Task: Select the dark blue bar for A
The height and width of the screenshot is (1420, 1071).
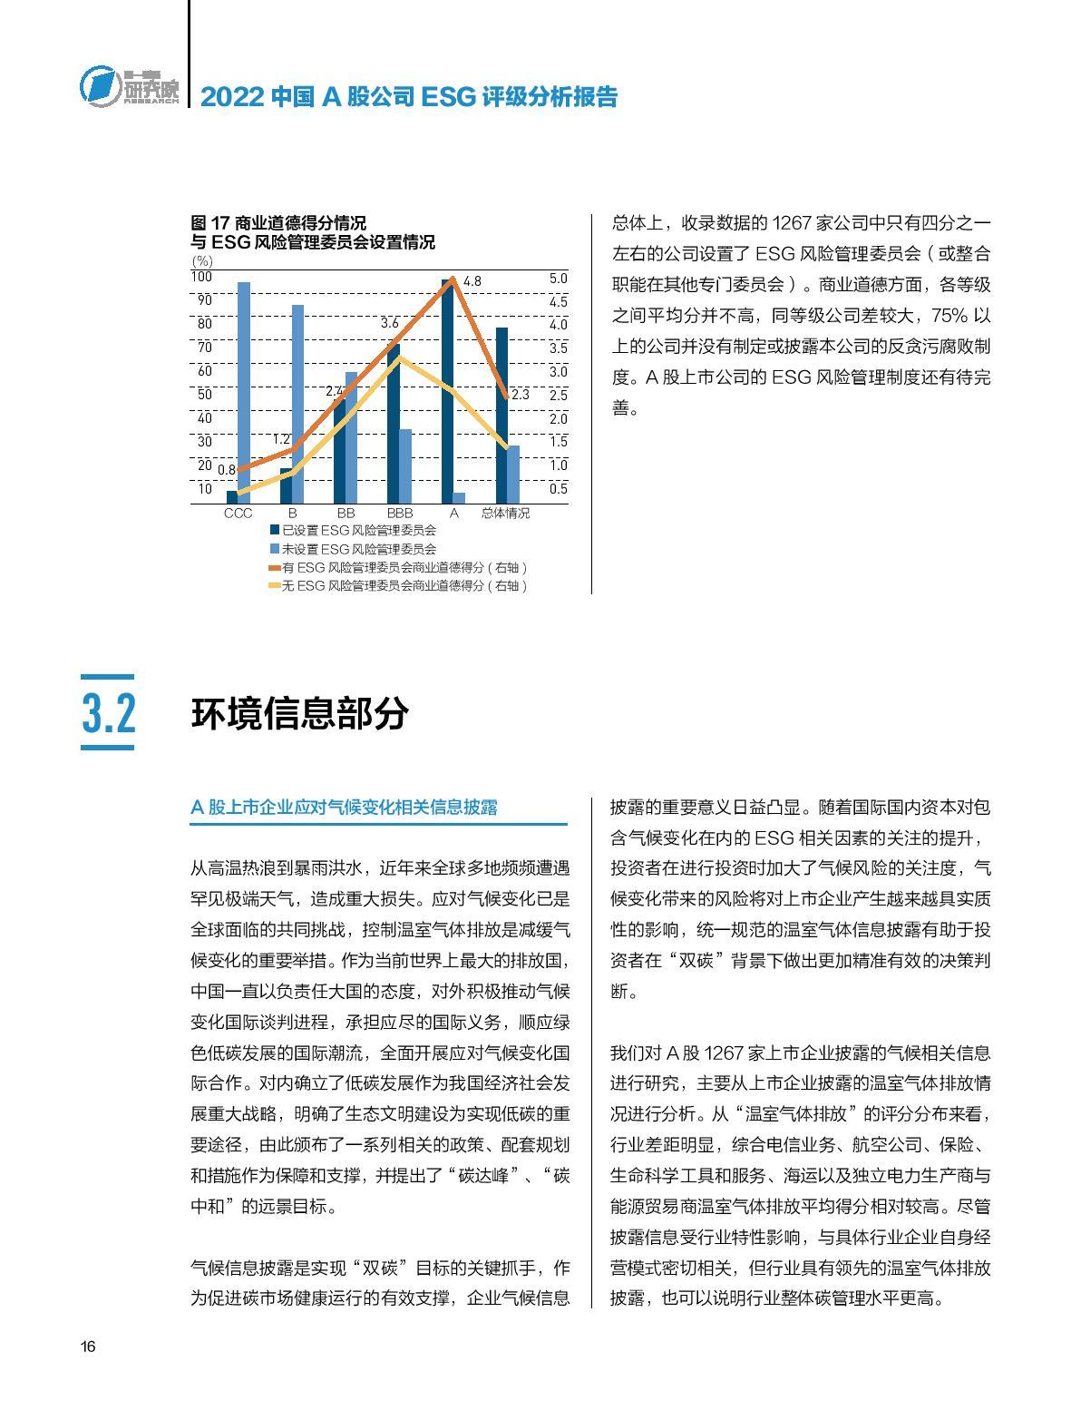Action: pyautogui.click(x=447, y=390)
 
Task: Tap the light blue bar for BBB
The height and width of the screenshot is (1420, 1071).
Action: pyautogui.click(x=405, y=465)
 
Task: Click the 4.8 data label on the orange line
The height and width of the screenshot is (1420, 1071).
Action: pyautogui.click(x=472, y=282)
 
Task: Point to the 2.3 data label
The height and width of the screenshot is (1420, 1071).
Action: pyautogui.click(x=520, y=395)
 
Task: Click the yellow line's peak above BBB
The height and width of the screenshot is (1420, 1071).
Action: pyautogui.click(x=399, y=357)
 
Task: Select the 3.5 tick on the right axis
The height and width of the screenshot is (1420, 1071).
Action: pyautogui.click(x=559, y=348)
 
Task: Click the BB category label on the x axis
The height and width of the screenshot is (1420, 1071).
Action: pyautogui.click(x=346, y=514)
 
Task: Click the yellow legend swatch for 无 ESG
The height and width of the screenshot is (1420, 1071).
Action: pyautogui.click(x=274, y=586)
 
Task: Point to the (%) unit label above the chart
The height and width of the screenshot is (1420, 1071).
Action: pyautogui.click(x=202, y=261)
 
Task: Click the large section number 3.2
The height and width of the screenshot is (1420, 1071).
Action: pyautogui.click(x=109, y=714)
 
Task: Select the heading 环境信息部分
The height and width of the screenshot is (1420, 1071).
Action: pyautogui.click(x=299, y=714)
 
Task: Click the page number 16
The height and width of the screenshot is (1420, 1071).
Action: pyautogui.click(x=88, y=1347)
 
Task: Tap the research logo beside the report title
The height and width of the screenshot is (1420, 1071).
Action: pyautogui.click(x=128, y=87)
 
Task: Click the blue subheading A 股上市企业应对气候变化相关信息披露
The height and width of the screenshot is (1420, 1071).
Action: pyautogui.click(x=345, y=808)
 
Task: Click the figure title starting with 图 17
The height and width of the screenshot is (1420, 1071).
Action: pyautogui.click(x=312, y=232)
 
